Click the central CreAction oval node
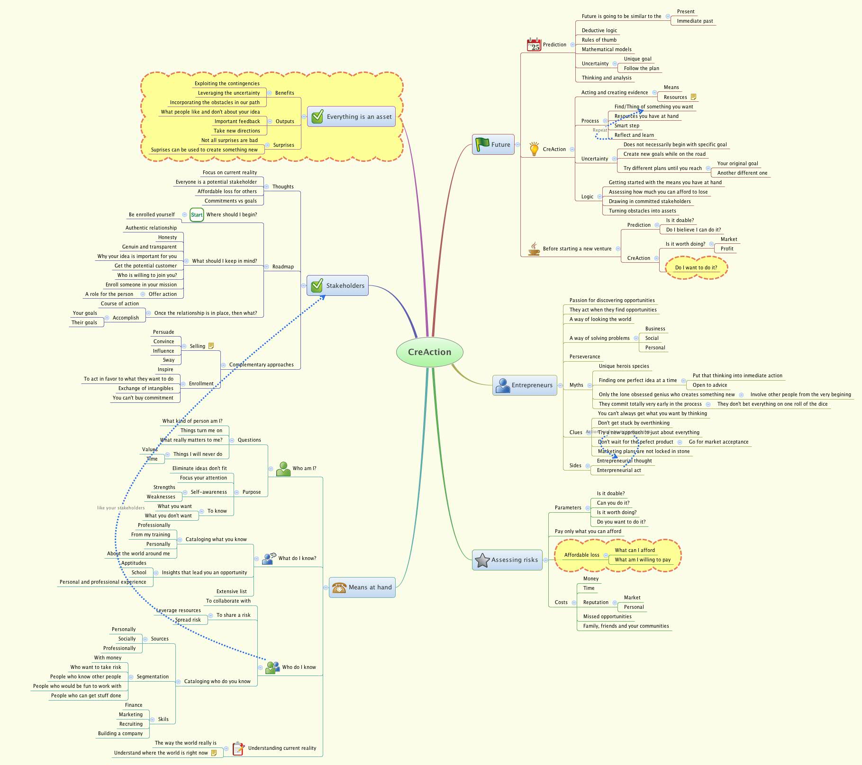(x=429, y=352)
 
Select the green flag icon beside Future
(x=482, y=144)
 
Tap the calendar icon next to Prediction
(x=534, y=44)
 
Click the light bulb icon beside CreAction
(x=534, y=149)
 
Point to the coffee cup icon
(x=534, y=249)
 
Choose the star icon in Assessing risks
(x=482, y=560)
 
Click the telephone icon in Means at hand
(x=339, y=587)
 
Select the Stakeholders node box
(x=337, y=285)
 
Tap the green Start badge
(x=197, y=214)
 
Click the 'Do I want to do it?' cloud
(x=696, y=267)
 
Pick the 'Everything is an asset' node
(x=351, y=116)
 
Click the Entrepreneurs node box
(x=525, y=385)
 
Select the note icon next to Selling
(x=211, y=346)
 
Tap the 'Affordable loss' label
(x=581, y=555)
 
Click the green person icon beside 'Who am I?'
(x=283, y=469)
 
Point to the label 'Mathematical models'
(x=606, y=49)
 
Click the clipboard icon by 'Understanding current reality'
(x=238, y=748)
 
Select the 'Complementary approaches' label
(x=261, y=365)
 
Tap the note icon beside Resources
(x=693, y=97)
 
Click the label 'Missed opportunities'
(x=607, y=616)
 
